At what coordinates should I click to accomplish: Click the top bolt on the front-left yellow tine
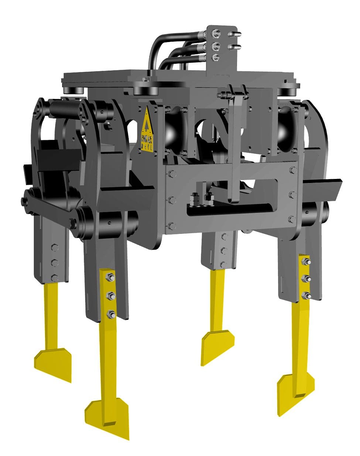click(x=110, y=277)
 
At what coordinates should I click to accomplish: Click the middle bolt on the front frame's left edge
click(x=171, y=200)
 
